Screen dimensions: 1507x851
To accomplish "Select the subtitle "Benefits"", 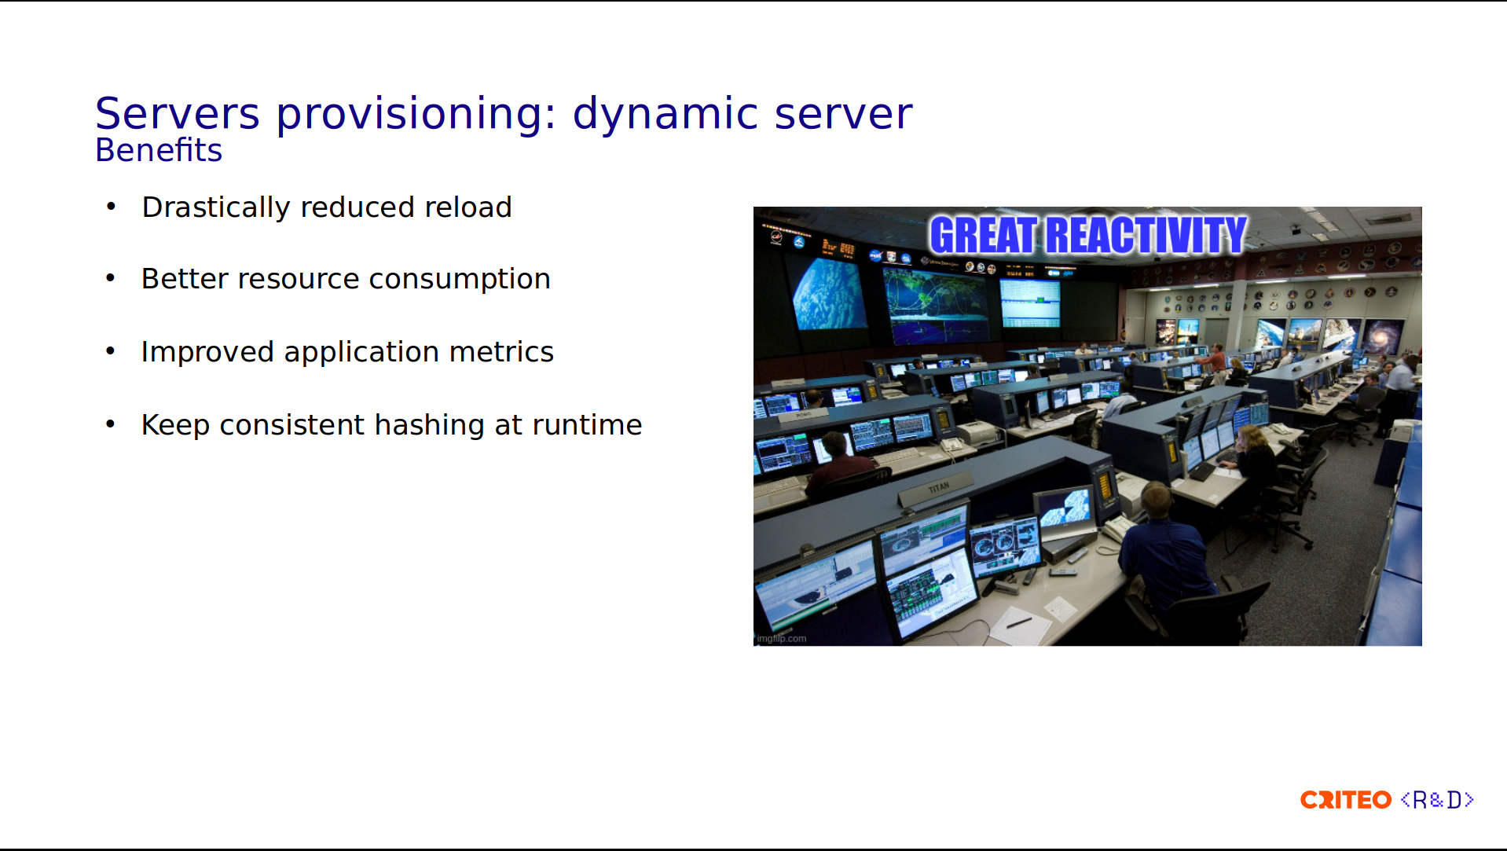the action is (x=159, y=150).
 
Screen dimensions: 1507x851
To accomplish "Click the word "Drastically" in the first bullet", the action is (x=216, y=207).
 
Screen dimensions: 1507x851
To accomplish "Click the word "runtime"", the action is (x=587, y=425).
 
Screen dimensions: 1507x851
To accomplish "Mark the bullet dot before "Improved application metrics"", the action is (x=111, y=351).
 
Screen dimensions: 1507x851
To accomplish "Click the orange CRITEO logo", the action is (x=1346, y=800).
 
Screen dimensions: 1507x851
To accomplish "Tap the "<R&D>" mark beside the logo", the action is (x=1437, y=800).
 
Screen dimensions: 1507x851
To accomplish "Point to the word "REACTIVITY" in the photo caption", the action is (x=1146, y=235).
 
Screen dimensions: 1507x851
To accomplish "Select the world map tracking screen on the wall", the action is (x=936, y=305).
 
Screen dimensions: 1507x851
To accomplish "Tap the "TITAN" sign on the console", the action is (x=939, y=488).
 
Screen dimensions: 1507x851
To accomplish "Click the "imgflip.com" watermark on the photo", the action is (x=782, y=639).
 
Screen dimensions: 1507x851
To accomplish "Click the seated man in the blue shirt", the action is (x=1163, y=550).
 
